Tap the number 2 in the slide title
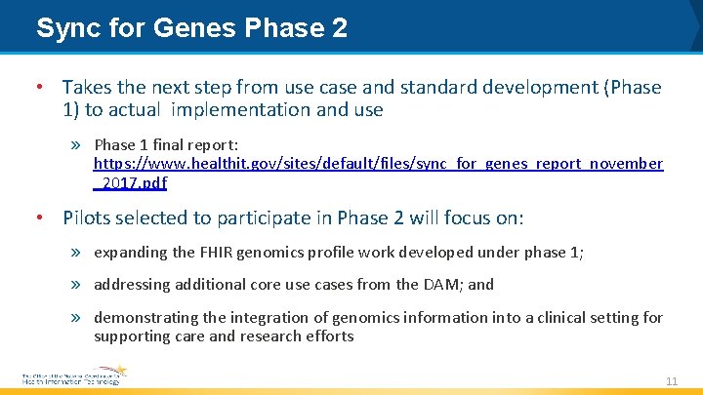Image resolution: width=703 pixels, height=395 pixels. tap(339, 28)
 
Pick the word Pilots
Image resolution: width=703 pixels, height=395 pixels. tap(89, 217)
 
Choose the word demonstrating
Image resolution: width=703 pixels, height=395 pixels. tap(143, 317)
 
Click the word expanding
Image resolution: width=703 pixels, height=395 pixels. tap(128, 252)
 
